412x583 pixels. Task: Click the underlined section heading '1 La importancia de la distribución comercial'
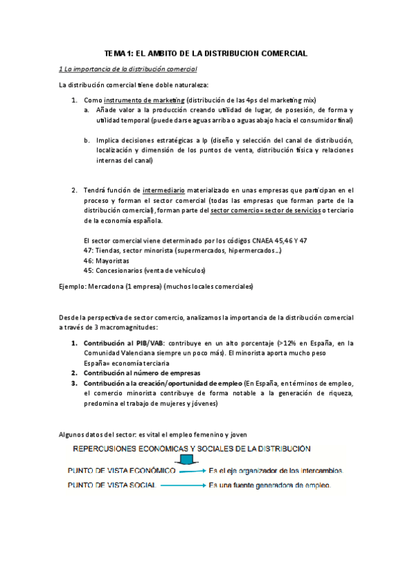(x=128, y=69)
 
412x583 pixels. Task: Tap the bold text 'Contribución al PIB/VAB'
(x=122, y=342)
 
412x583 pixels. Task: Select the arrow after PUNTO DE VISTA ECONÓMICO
(x=192, y=472)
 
